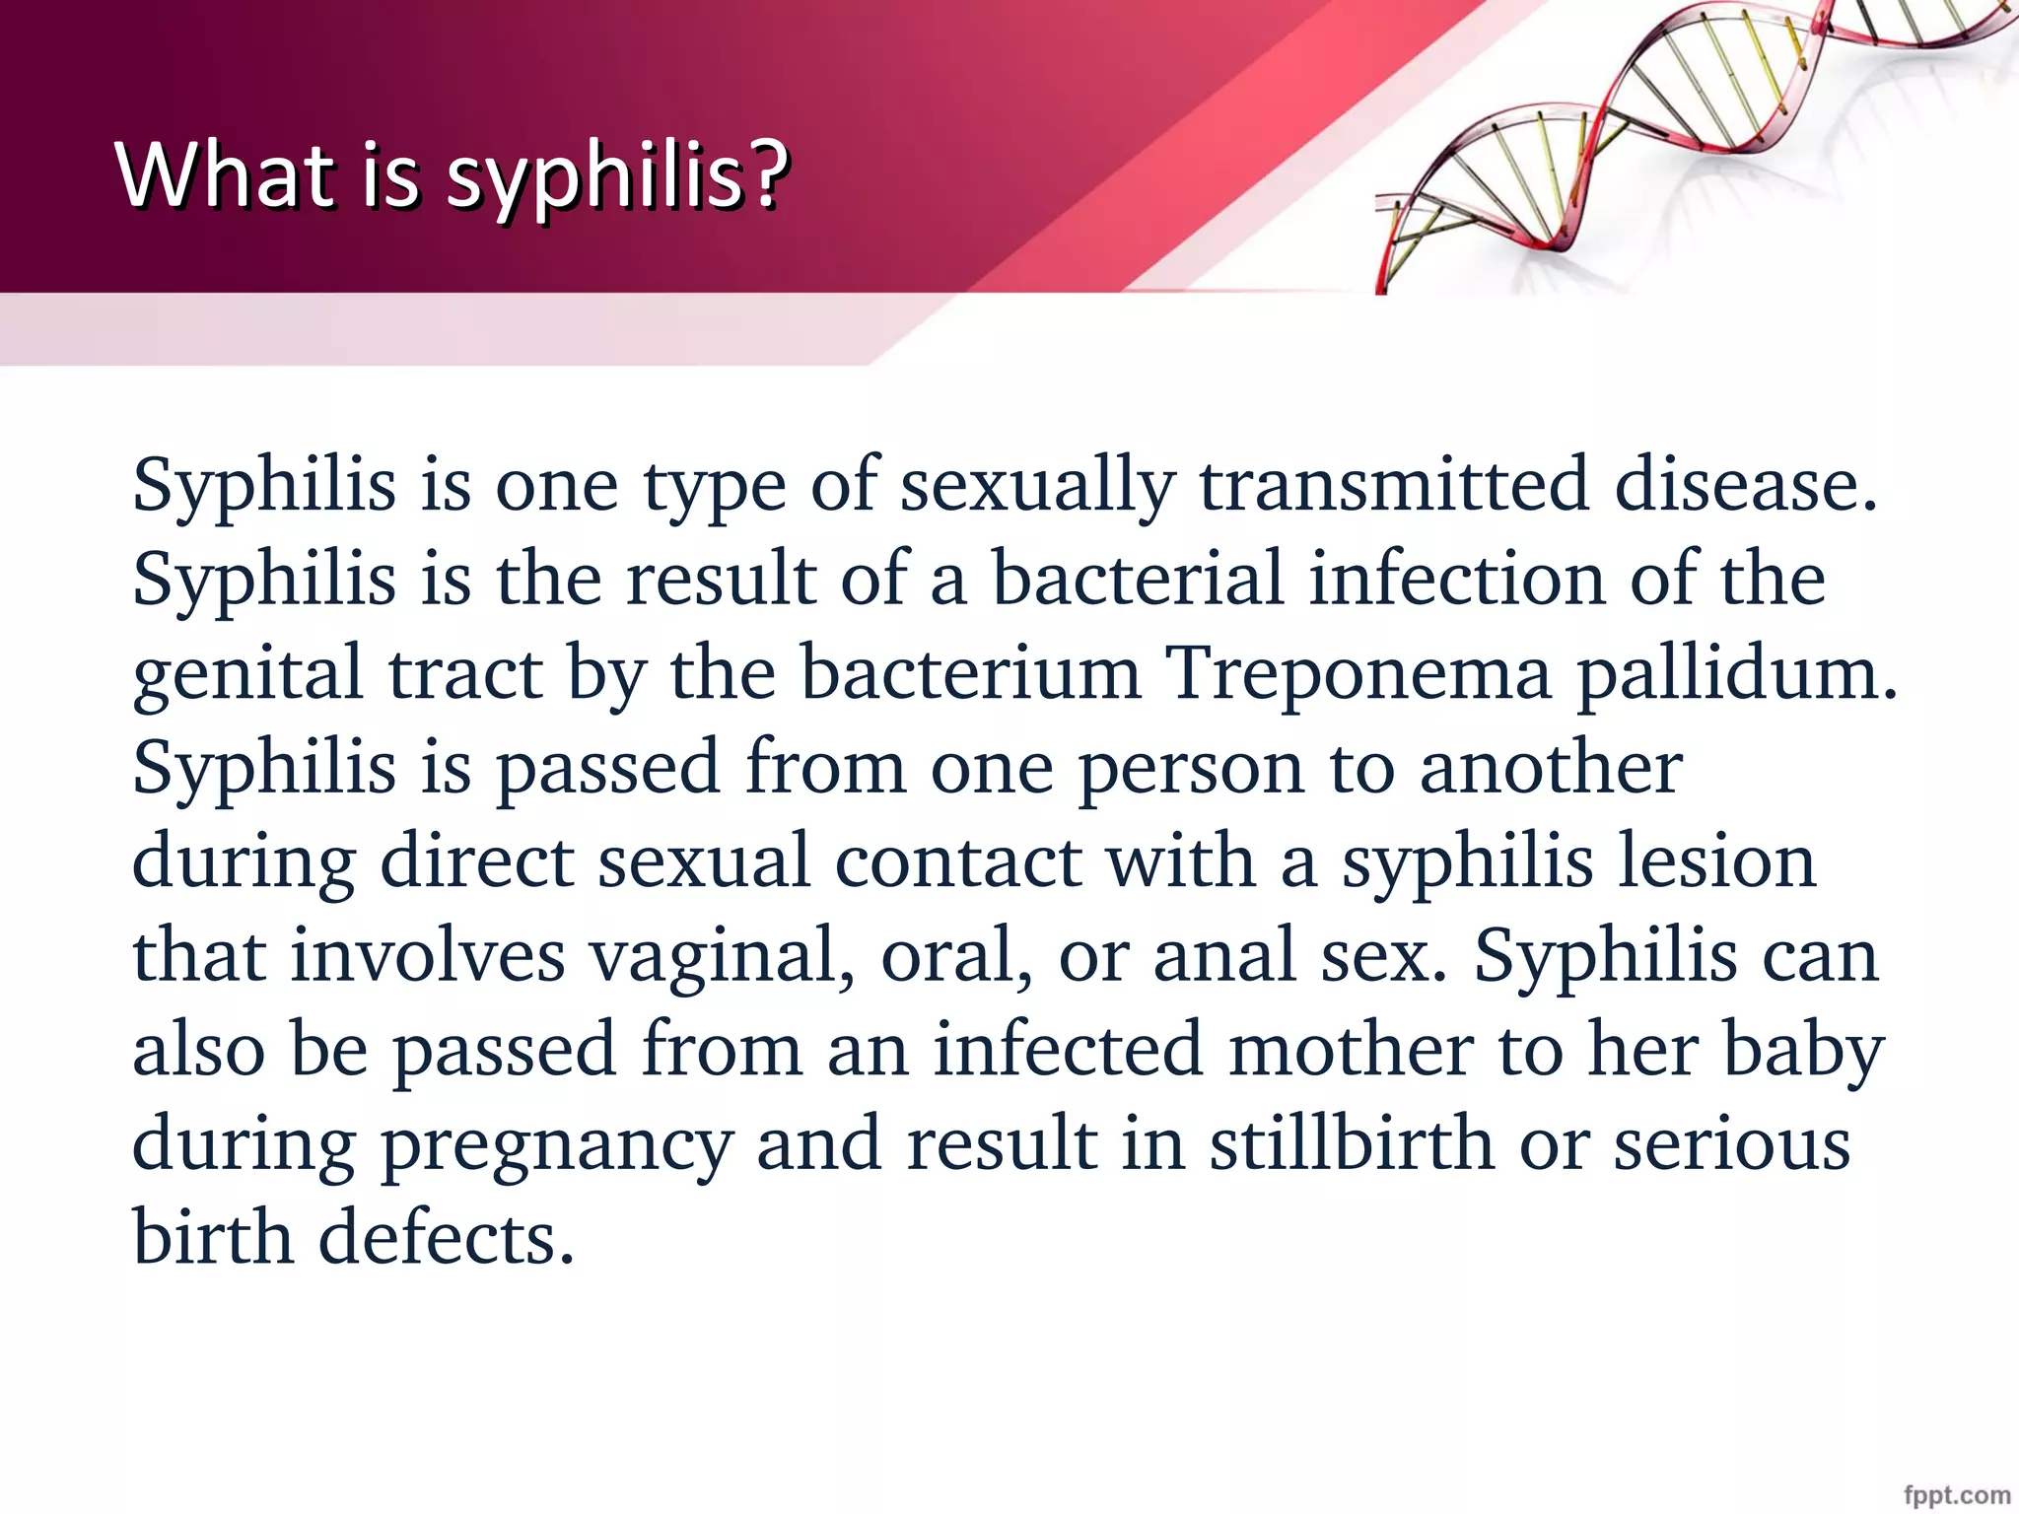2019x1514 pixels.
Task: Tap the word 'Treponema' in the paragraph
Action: (x=1358, y=674)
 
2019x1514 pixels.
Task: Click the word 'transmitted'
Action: (x=1393, y=485)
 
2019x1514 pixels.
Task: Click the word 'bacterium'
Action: (x=970, y=674)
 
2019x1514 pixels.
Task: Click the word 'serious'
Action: (x=1731, y=1143)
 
